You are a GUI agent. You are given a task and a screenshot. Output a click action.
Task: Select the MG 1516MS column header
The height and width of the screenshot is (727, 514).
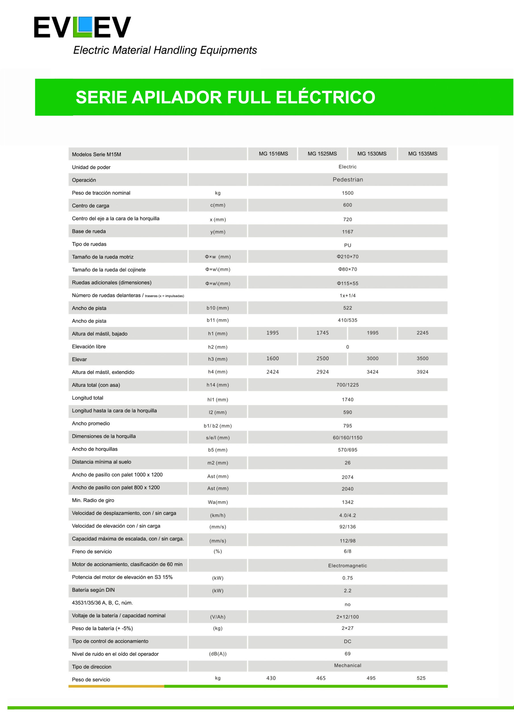(x=273, y=154)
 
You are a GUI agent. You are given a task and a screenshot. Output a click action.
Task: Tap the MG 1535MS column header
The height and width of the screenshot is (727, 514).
(x=423, y=154)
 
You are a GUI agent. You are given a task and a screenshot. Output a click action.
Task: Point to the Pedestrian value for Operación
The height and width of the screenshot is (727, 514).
(x=347, y=179)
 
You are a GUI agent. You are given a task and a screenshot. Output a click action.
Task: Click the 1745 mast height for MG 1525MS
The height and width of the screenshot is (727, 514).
(x=322, y=333)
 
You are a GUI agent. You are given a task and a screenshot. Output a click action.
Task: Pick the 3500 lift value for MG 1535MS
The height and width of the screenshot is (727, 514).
(x=423, y=358)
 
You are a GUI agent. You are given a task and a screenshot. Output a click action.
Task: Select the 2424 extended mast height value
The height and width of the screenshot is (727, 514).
(x=272, y=372)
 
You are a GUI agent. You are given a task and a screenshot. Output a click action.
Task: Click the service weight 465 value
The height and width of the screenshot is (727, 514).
(x=321, y=678)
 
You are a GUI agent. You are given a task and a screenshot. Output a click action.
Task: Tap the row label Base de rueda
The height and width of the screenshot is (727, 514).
(x=89, y=231)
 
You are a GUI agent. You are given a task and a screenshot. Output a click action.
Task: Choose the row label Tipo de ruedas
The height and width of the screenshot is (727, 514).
(x=89, y=244)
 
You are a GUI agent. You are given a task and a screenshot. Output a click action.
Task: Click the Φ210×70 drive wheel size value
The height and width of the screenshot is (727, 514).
(x=347, y=256)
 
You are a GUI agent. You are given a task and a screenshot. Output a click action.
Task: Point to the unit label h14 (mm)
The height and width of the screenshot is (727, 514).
(x=218, y=385)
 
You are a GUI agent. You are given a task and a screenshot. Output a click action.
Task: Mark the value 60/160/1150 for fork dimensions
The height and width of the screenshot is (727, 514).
(x=347, y=438)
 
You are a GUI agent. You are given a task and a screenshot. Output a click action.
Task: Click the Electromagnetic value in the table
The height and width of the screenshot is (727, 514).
(x=347, y=565)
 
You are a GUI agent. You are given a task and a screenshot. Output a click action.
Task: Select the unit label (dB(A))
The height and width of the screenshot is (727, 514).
(x=218, y=653)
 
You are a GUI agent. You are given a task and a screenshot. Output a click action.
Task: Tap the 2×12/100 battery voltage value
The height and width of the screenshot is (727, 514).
(x=347, y=617)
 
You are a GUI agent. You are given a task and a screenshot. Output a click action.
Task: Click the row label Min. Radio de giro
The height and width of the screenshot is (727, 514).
(x=93, y=500)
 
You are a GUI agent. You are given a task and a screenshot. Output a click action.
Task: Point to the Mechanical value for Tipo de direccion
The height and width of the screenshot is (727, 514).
(x=347, y=665)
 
